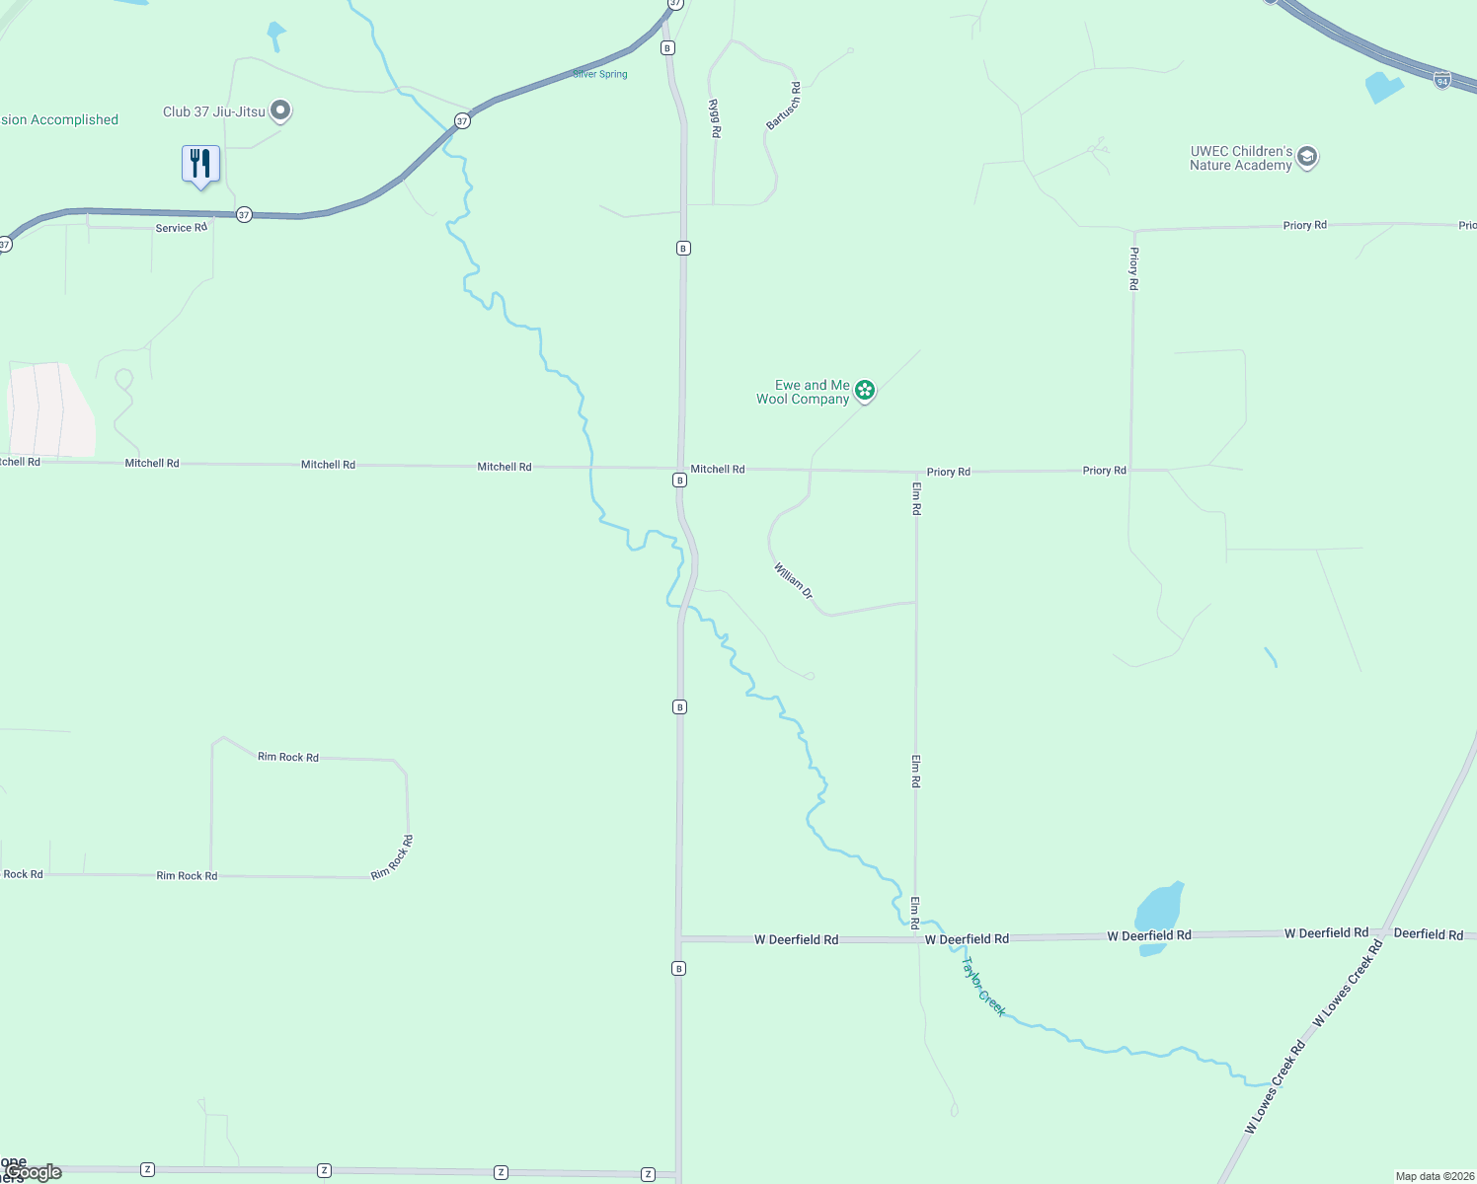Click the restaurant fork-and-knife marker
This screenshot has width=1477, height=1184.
pyautogui.click(x=200, y=164)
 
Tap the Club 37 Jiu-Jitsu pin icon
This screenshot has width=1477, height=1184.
pyautogui.click(x=280, y=111)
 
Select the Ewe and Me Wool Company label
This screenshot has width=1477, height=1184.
pyautogui.click(x=803, y=393)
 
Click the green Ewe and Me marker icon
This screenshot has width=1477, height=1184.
pyautogui.click(x=865, y=391)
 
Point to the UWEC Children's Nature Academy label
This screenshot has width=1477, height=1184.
pyautogui.click(x=1241, y=159)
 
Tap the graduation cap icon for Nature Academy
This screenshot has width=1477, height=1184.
pyautogui.click(x=1307, y=157)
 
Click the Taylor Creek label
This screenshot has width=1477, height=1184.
pyautogui.click(x=984, y=987)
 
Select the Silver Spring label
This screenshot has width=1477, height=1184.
pyautogui.click(x=600, y=74)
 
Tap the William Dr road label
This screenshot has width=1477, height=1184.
pyautogui.click(x=793, y=580)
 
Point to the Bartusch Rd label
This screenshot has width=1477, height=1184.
pyautogui.click(x=784, y=107)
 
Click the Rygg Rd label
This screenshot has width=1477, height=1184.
pyautogui.click(x=715, y=118)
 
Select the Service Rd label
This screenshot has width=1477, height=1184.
pyautogui.click(x=181, y=228)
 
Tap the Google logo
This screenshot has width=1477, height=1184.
pyautogui.click(x=35, y=1172)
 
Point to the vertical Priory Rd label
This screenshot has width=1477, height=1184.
pyautogui.click(x=1133, y=268)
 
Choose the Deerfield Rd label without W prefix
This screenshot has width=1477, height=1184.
pyautogui.click(x=1428, y=934)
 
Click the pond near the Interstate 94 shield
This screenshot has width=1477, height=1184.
pyautogui.click(x=1382, y=87)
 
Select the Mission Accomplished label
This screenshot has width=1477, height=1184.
pyautogui.click(x=59, y=120)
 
